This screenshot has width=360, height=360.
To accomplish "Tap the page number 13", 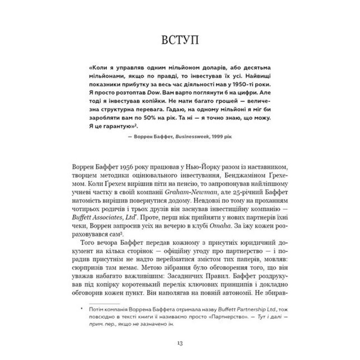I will (x=180, y=343).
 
